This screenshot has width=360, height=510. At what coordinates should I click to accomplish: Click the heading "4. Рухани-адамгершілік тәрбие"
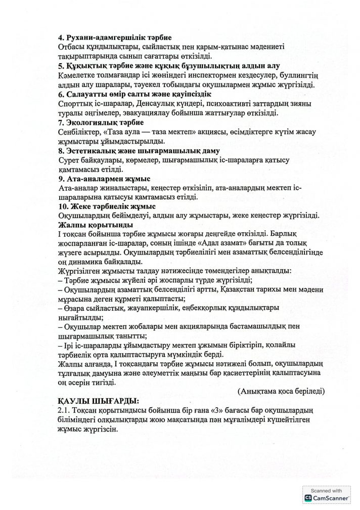[x=115, y=38]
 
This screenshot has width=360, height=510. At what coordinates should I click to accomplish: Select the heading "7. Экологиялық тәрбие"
[x=101, y=122]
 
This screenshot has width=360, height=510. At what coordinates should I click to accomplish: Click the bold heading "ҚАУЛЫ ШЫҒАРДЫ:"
[x=99, y=401]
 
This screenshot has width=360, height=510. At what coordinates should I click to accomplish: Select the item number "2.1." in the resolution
[x=67, y=410]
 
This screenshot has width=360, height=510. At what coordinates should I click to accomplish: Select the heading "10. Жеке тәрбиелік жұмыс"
[x=107, y=206]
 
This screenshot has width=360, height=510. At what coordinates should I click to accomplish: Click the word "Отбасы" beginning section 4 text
[x=72, y=47]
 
